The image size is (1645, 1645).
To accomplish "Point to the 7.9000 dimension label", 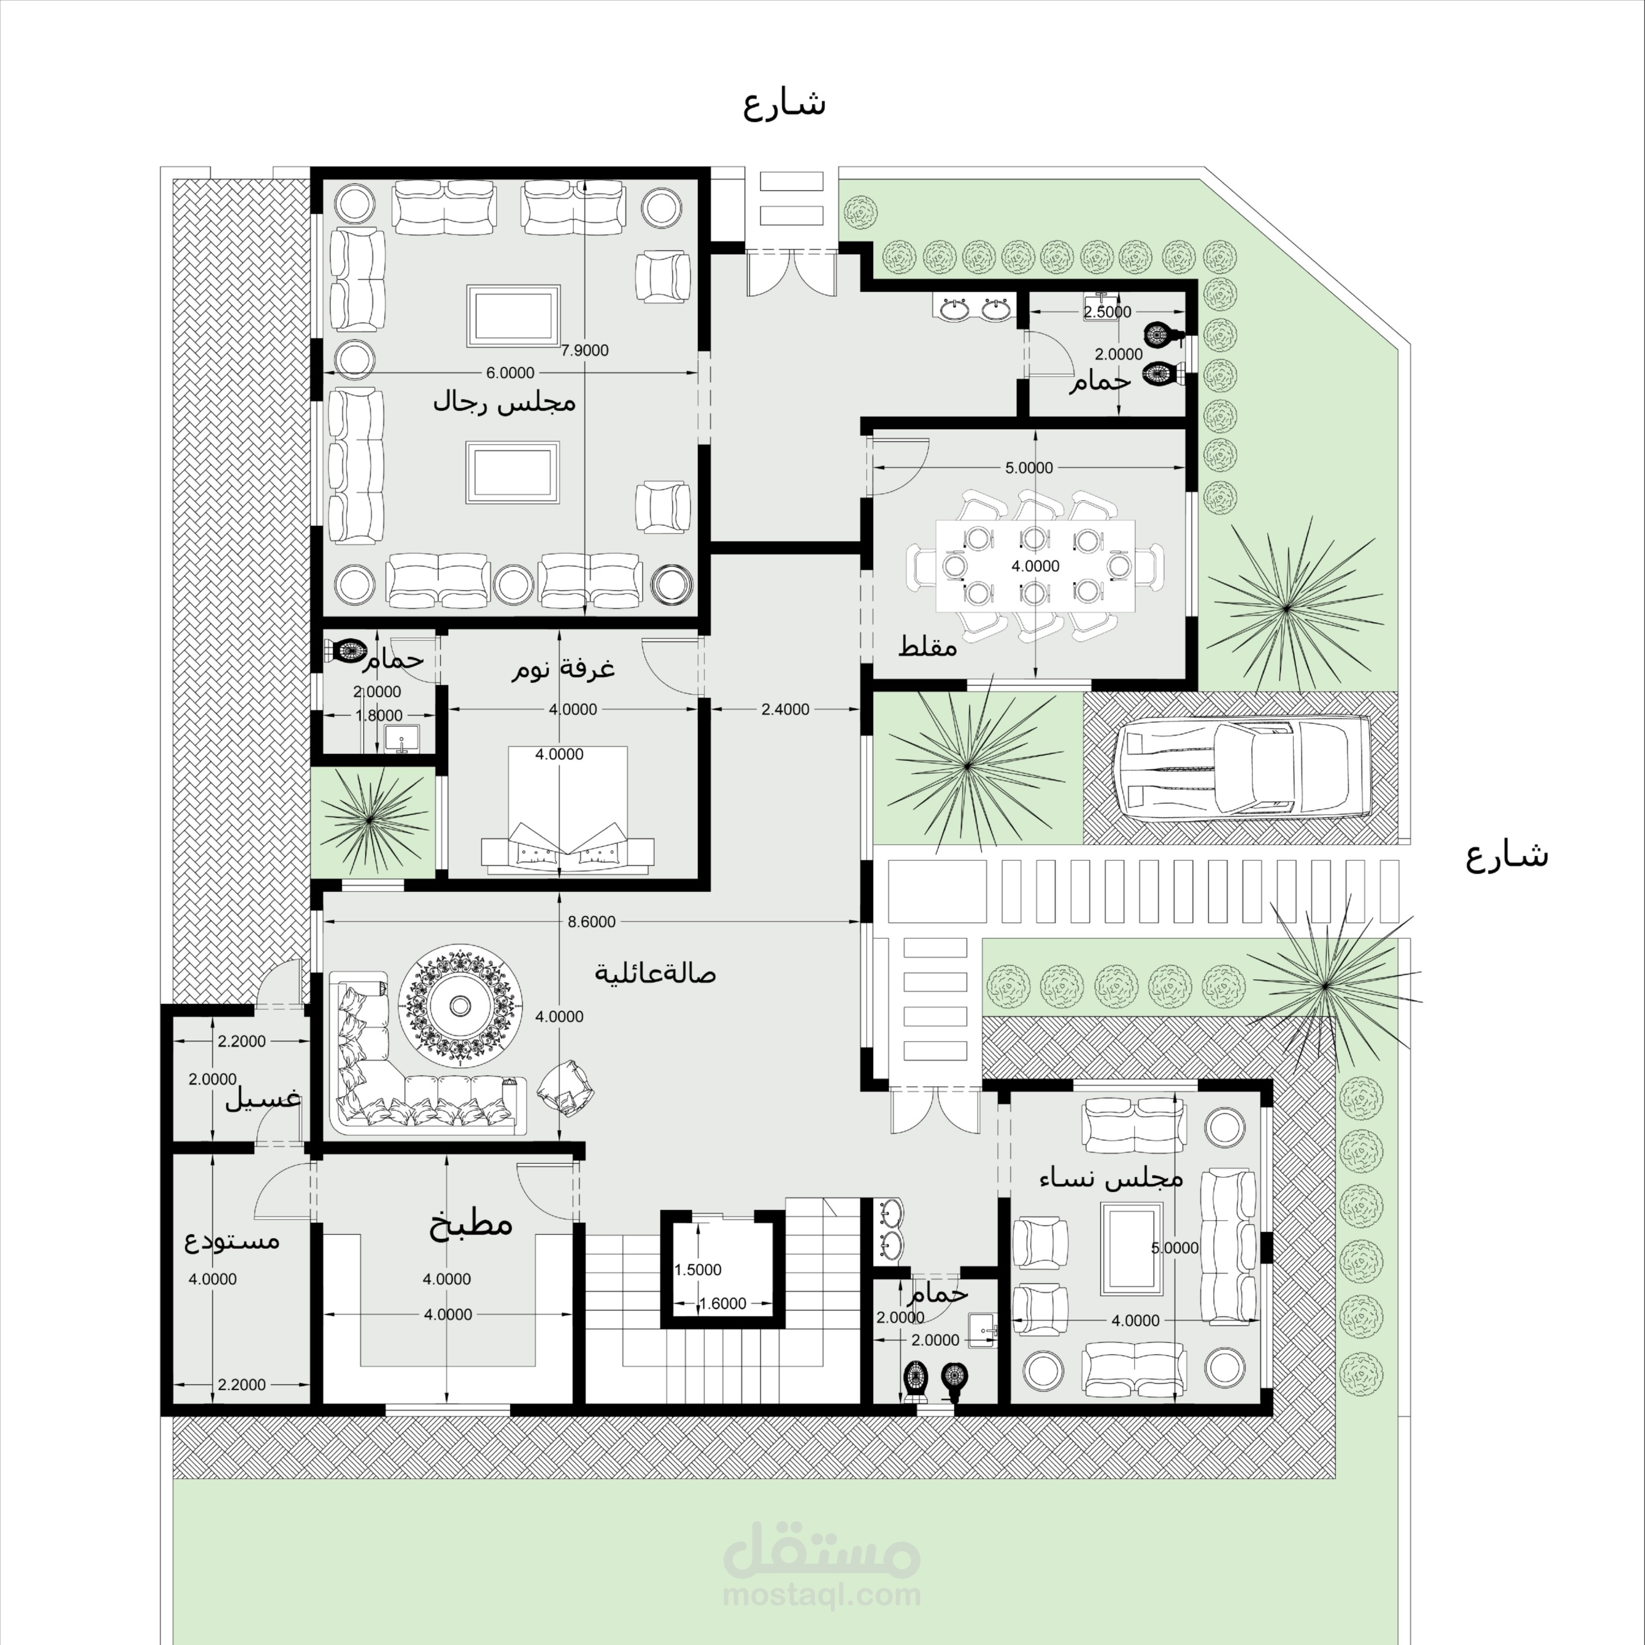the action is tap(585, 350).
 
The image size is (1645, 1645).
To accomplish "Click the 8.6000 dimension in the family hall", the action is tap(591, 922).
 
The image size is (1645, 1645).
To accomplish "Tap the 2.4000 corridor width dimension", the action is tap(785, 708).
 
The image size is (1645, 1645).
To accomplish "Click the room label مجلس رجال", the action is tap(504, 401).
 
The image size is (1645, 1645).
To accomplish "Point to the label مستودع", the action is tap(233, 1240).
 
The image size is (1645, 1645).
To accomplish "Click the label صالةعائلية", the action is tap(655, 972).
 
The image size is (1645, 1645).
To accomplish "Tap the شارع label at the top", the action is tap(784, 104).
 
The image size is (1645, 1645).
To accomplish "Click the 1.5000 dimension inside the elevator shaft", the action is tap(697, 1270).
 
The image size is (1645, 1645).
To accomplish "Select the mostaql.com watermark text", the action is tap(822, 1595).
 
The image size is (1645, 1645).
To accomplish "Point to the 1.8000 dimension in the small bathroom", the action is tap(379, 715).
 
